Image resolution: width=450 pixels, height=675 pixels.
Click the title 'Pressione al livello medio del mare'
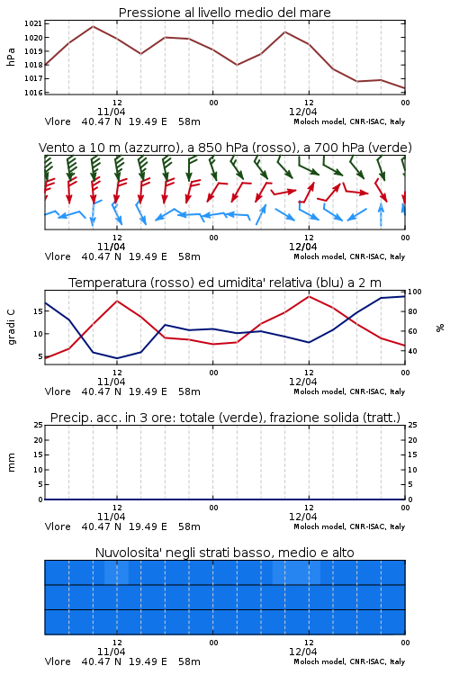coord(224,13)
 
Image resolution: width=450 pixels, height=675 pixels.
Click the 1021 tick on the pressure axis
coord(33,23)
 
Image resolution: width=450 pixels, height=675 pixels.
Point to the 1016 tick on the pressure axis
coord(33,92)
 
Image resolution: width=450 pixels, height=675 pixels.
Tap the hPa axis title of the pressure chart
coord(11,57)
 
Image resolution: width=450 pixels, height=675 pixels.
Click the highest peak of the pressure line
coord(93,26)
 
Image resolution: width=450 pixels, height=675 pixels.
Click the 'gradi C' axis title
coord(12,328)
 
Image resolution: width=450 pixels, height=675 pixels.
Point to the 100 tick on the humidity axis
coord(415,292)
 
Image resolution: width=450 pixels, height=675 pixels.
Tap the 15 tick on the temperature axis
coord(38,311)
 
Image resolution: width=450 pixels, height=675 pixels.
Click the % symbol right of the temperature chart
coord(440,328)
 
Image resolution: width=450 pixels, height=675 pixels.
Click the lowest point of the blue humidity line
coord(117,358)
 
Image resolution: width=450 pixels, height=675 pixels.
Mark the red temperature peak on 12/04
coord(309,296)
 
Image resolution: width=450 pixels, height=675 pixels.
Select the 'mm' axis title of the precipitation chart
coord(11,463)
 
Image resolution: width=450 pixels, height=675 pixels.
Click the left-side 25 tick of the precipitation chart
coord(39,425)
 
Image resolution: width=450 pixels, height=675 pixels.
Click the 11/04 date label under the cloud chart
coord(111,652)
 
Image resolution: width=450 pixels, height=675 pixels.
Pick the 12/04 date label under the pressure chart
coord(302,112)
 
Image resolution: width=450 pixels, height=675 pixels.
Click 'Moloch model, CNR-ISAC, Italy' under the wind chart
coord(349,256)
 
